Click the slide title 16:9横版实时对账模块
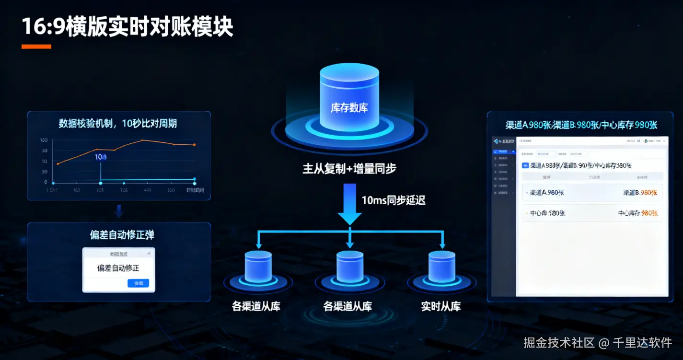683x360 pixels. (x=127, y=27)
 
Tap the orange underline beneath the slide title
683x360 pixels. (x=36, y=46)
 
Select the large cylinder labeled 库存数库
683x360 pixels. (x=349, y=99)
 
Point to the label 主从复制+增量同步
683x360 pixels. (x=349, y=169)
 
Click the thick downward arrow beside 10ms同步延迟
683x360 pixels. (x=349, y=204)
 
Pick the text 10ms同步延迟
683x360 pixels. (x=394, y=200)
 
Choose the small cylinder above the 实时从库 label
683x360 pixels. (x=441, y=267)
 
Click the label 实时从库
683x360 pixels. (x=441, y=306)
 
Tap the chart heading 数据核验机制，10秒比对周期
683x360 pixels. (x=118, y=123)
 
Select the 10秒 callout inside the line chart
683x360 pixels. (x=101, y=157)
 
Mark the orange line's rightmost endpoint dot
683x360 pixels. (x=194, y=145)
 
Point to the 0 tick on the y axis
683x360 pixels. (x=46, y=182)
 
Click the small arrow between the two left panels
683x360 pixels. (x=118, y=211)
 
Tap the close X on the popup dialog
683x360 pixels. (x=149, y=253)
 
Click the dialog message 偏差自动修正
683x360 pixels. (x=118, y=268)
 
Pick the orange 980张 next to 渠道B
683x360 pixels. (x=648, y=192)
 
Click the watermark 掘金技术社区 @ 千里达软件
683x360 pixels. (x=597, y=343)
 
